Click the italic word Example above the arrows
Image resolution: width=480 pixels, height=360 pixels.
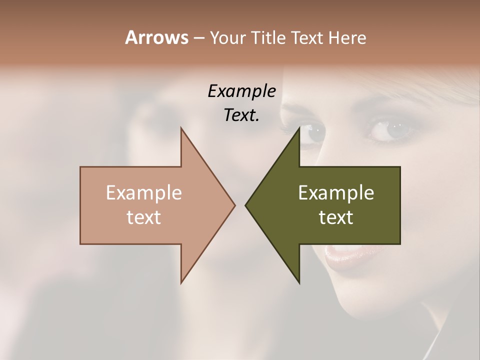pos(242,91)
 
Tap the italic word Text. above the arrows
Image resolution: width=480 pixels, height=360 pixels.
pos(242,115)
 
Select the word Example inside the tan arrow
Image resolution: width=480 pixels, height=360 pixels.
pos(144,193)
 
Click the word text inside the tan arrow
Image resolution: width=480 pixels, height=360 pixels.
pos(144,217)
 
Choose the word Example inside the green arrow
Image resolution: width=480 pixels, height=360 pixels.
pos(336,193)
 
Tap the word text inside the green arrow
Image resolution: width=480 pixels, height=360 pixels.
pos(336,217)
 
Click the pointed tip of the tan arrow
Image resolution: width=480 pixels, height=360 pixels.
pos(234,205)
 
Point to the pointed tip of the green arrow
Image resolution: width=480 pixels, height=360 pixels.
pos(246,205)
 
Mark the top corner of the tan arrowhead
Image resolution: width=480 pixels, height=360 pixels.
pos(181,129)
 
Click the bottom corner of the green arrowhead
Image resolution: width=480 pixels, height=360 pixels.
pos(299,282)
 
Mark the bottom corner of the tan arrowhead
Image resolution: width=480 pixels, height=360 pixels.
pos(181,282)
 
